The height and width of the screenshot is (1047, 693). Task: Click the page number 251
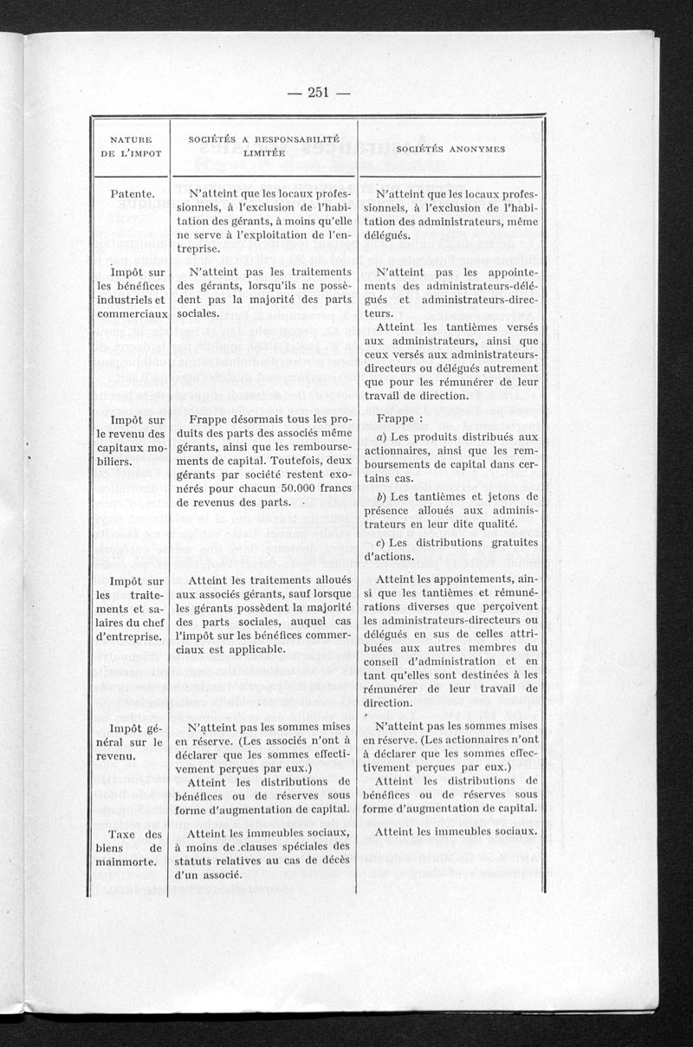319,94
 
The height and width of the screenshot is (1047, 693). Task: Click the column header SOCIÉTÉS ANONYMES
450,148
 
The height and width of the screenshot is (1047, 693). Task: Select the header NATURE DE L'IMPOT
131,145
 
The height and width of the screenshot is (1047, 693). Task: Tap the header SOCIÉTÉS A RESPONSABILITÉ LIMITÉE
263,145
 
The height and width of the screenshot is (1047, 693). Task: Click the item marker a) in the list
382,436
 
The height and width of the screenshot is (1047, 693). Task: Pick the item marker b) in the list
382,496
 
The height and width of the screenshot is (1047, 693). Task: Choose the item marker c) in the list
382,542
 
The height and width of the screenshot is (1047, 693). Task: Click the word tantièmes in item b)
441,496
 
